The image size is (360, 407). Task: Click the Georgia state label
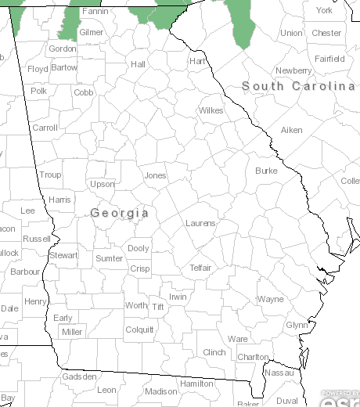[120, 213]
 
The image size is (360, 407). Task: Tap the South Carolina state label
[298, 86]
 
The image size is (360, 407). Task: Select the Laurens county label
[200, 223]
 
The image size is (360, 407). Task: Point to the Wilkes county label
[211, 110]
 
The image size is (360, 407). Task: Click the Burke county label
[266, 171]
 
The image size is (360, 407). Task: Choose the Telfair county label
[200, 268]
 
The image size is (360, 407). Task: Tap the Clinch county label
[214, 353]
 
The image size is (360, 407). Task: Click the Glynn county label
[297, 325]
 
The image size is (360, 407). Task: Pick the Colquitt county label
[139, 330]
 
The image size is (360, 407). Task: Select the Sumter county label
[109, 258]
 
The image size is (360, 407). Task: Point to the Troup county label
[50, 175]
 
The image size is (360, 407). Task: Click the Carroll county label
[45, 128]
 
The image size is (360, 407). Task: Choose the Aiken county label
[291, 130]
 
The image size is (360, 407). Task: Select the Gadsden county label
[79, 376]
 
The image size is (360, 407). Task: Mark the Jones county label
[155, 175]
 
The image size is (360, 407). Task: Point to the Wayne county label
[271, 299]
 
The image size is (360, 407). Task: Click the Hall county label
[139, 64]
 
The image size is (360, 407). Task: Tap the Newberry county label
[293, 70]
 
